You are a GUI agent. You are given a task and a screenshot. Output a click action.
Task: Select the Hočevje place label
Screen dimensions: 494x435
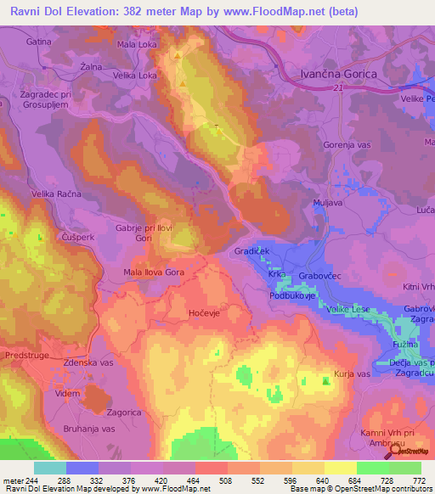click(205, 313)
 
